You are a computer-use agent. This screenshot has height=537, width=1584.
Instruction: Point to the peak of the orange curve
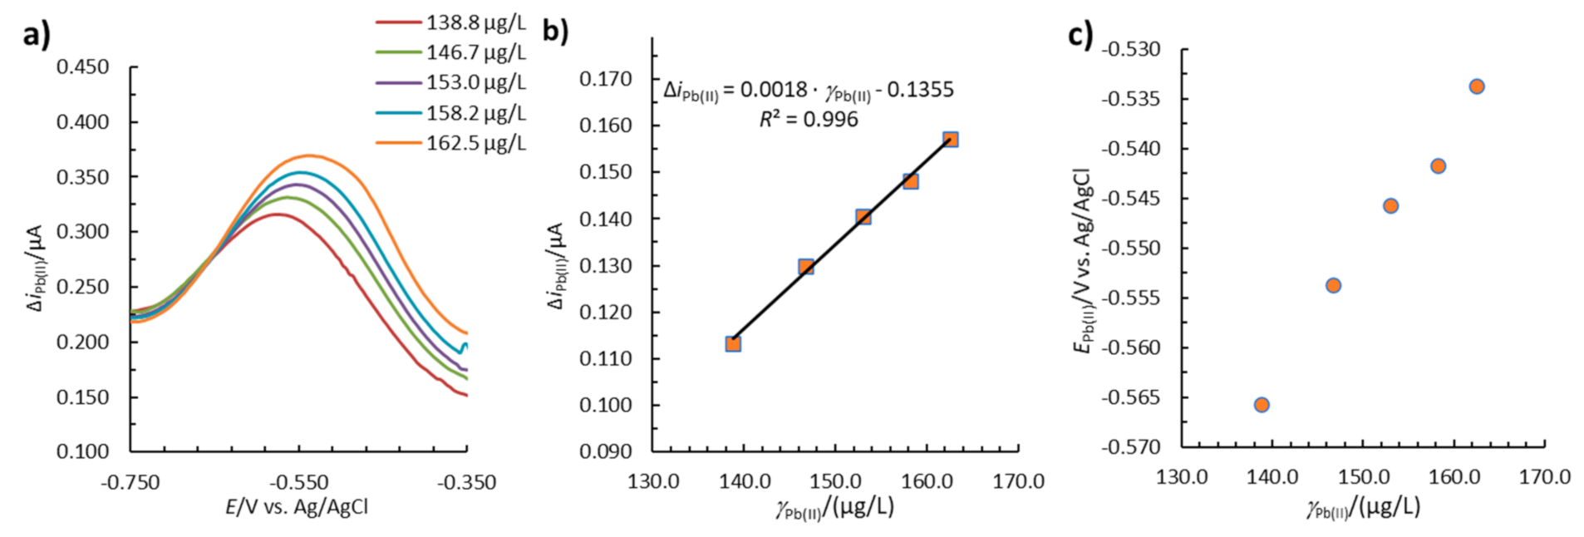point(309,155)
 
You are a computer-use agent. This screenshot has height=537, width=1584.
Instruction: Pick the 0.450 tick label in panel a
point(82,67)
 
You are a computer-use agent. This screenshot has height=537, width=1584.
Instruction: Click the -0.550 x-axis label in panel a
point(298,482)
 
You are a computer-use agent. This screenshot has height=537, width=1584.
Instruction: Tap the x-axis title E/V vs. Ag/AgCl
point(297,507)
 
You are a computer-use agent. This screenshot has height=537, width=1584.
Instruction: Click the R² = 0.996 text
point(808,120)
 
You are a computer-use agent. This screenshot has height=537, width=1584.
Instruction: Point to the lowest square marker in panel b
point(733,343)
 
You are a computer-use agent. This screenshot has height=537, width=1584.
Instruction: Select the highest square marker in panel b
point(951,140)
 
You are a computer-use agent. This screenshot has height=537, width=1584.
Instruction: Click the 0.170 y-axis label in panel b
point(605,79)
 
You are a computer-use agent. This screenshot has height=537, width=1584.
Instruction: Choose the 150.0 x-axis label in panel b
point(835,481)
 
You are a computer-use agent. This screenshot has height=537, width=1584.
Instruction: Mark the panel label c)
point(1079,35)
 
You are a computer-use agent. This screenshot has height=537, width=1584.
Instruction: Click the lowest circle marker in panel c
point(1262,405)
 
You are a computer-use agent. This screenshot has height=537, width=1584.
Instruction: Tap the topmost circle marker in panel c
point(1477,86)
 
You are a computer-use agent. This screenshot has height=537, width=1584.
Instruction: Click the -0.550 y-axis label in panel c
point(1130,248)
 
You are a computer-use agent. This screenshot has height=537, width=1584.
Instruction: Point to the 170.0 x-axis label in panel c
point(1544,477)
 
